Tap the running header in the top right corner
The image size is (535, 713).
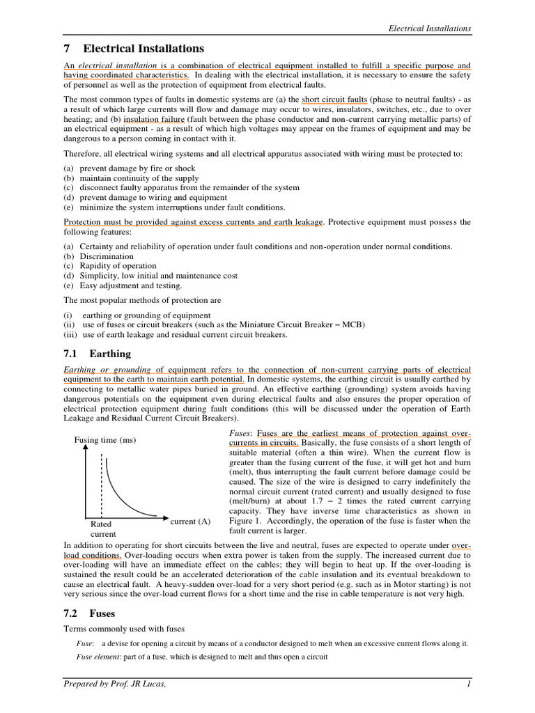click(429, 28)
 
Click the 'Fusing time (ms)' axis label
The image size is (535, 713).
click(105, 440)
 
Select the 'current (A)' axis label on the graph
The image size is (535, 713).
click(189, 521)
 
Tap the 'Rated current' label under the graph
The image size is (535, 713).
click(101, 528)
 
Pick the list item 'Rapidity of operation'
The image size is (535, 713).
click(118, 266)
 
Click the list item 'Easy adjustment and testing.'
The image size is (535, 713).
click(131, 285)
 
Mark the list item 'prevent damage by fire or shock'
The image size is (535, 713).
click(137, 169)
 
